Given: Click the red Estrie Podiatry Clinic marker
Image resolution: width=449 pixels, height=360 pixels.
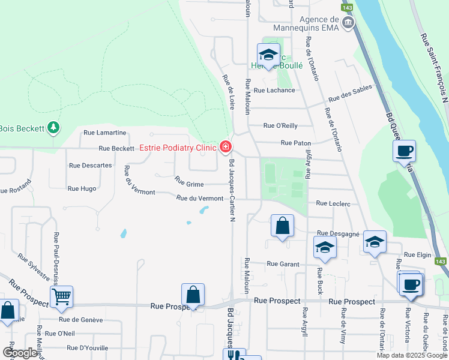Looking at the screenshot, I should click(x=226, y=146).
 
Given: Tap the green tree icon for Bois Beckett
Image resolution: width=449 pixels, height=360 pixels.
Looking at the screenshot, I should click(x=54, y=127).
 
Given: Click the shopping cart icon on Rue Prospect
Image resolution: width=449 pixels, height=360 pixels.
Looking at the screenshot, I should click(x=61, y=296).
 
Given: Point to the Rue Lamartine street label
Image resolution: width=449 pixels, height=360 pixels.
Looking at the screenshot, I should click(x=104, y=133).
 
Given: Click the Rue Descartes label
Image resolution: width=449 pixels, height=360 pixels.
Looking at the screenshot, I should click(x=90, y=165).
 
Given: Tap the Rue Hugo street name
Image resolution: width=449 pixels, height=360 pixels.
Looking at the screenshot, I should click(x=82, y=188).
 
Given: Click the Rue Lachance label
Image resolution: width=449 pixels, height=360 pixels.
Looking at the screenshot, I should click(x=274, y=90).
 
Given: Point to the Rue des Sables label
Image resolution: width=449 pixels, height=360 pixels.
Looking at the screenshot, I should click(x=349, y=93).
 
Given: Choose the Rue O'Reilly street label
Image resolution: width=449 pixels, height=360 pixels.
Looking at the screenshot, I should click(x=281, y=125).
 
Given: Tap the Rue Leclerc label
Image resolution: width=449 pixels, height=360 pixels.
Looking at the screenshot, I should click(x=333, y=204).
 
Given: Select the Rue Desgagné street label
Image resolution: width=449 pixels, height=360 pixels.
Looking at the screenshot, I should click(x=337, y=233).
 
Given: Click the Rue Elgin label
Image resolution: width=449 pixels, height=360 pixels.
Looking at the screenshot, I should click(x=418, y=255).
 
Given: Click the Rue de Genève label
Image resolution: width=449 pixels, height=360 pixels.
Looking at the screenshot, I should click(x=80, y=319).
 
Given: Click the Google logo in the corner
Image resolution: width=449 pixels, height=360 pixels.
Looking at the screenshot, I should click(x=20, y=353).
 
